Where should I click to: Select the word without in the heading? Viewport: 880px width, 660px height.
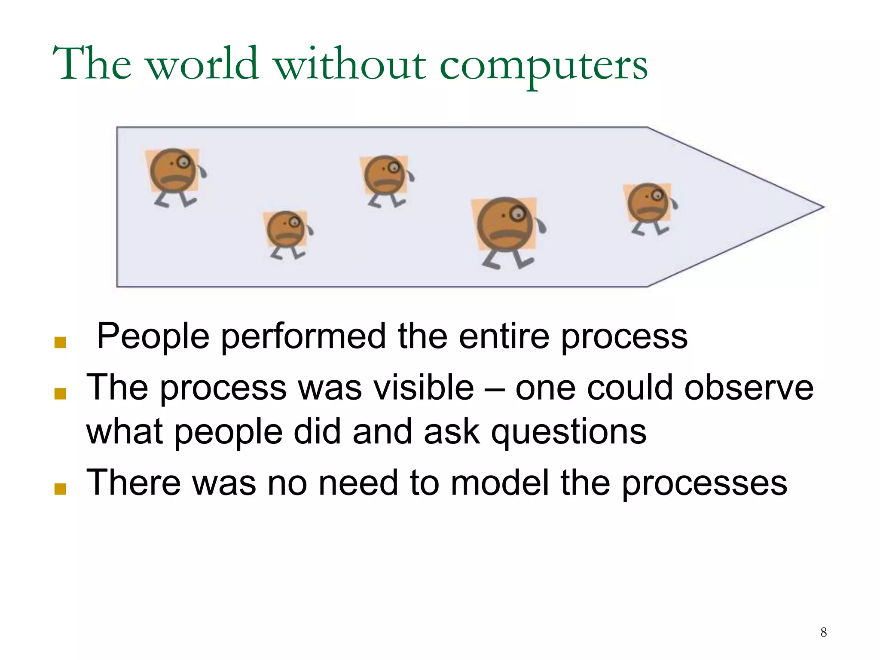350,64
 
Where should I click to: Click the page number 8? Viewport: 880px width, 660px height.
823,632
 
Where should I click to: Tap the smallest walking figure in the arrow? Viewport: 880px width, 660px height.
287,232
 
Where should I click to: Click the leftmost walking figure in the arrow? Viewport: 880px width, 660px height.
174,174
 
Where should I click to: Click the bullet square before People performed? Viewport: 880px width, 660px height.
60,342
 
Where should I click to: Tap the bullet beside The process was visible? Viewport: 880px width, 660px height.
60,394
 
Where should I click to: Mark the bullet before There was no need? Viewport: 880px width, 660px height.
60,489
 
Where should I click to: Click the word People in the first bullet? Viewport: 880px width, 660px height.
153,336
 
